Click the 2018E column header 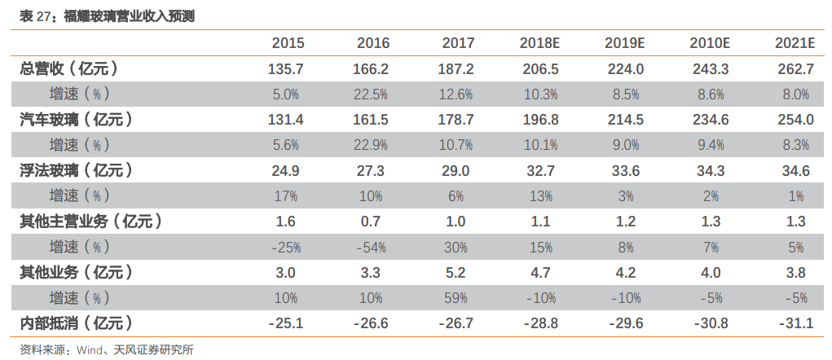tap(539, 43)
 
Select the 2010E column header tap(710, 43)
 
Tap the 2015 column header tap(288, 43)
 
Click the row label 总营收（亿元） tap(69, 69)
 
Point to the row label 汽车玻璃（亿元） tap(77, 120)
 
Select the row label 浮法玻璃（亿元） tap(77, 170)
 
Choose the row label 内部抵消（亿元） tap(77, 323)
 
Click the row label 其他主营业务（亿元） tap(91, 221)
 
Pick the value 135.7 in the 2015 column tap(287, 69)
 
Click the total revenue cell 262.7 tap(795, 69)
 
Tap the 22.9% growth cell tap(371, 145)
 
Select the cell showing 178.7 tap(456, 120)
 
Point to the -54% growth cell tap(371, 247)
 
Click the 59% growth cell tap(456, 298)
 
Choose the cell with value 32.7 tap(541, 171)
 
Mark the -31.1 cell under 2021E tap(795, 323)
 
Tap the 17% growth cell tap(286, 196)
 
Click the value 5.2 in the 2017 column tap(456, 273)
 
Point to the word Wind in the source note tap(89, 350)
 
